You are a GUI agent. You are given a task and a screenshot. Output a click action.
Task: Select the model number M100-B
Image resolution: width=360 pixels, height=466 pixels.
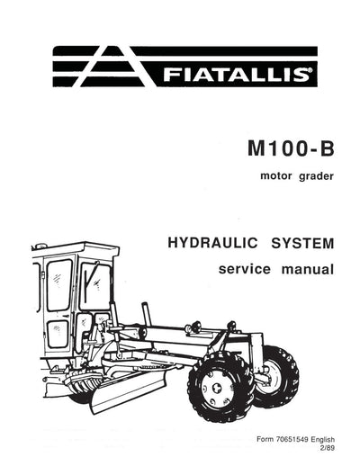click(281, 147)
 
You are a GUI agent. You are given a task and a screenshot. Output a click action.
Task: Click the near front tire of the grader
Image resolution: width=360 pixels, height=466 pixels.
click(220, 388)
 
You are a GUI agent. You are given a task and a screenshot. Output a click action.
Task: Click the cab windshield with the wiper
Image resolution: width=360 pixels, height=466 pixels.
click(94, 284)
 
